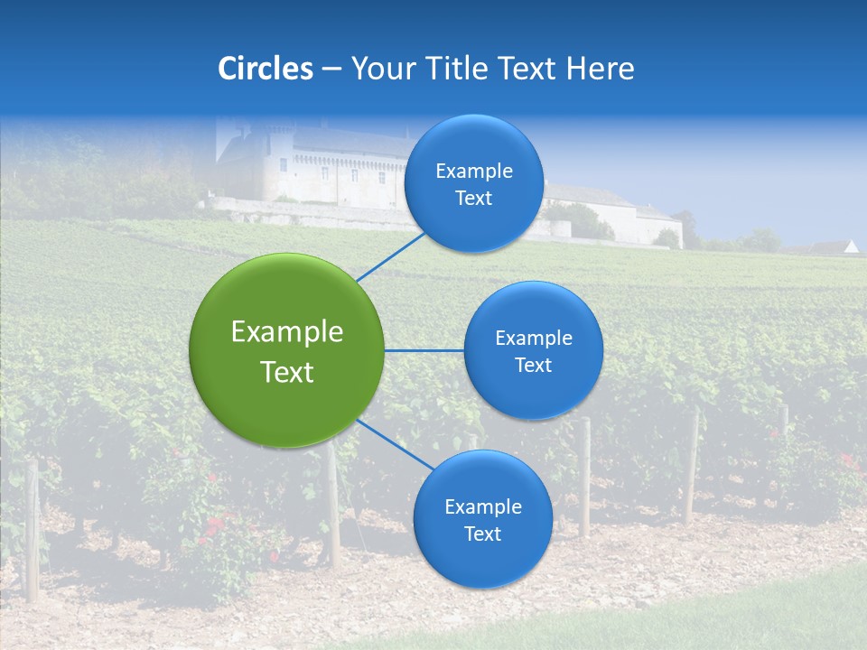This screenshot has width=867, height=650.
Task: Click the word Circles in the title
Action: tap(265, 69)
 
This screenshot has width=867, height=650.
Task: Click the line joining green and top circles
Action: tap(391, 256)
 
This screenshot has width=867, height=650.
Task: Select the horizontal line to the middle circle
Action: tap(424, 350)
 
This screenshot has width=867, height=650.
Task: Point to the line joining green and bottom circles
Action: tap(396, 444)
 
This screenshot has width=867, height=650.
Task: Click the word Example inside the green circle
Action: tap(287, 332)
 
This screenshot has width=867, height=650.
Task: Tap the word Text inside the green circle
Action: tap(287, 372)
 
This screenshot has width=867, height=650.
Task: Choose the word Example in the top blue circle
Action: tap(474, 172)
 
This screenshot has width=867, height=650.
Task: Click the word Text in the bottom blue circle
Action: tap(482, 534)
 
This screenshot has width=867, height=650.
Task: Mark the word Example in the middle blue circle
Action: tap(534, 339)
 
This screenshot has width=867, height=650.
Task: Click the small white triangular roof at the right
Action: tap(851, 246)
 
